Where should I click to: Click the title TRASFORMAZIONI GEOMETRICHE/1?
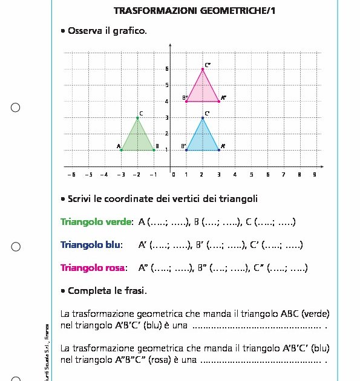click(x=194, y=11)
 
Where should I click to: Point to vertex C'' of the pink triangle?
click(x=203, y=69)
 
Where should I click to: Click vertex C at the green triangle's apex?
click(x=138, y=117)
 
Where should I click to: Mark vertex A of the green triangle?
click(x=122, y=149)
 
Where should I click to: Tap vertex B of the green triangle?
click(x=154, y=149)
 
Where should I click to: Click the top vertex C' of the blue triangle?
click(x=203, y=117)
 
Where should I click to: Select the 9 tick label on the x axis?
click(x=314, y=174)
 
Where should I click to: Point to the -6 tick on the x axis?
click(x=71, y=174)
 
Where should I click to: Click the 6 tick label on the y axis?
click(x=167, y=69)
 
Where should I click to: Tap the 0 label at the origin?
click(x=174, y=174)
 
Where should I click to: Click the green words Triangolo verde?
click(x=96, y=222)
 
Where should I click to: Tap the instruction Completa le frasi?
click(x=107, y=291)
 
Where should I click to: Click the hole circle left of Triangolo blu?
click(x=16, y=246)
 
